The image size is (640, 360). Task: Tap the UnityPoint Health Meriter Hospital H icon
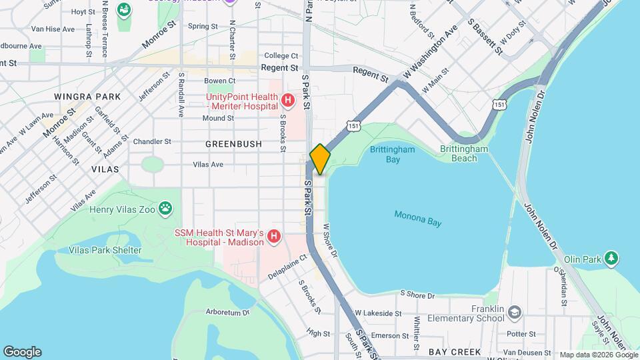coord(288,101)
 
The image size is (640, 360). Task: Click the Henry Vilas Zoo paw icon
coord(165,210)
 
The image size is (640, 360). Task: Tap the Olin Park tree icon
coord(611,258)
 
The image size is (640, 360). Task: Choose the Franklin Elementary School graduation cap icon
coord(514,313)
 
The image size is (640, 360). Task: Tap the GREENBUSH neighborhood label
coord(233,143)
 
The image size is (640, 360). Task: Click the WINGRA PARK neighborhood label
coord(92,97)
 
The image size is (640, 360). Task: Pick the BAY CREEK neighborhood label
coord(455,351)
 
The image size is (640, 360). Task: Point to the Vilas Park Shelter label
coord(105,250)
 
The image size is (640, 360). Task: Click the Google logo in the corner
coord(22,352)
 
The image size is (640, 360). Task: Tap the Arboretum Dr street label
coord(227,311)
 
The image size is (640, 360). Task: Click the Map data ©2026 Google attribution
coord(598,355)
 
